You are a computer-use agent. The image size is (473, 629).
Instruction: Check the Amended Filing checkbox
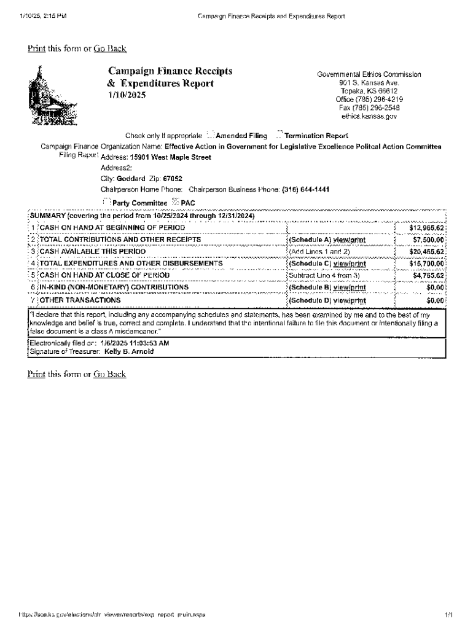pos(210,136)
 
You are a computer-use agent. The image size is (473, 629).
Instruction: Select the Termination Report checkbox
pos(279,136)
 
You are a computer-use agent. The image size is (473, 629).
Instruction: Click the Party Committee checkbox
pos(106,202)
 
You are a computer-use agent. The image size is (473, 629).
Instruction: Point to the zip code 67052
pos(163,179)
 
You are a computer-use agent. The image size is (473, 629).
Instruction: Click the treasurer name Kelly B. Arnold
pos(129,352)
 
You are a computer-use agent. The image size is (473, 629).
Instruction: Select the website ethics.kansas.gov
pos(369,115)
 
